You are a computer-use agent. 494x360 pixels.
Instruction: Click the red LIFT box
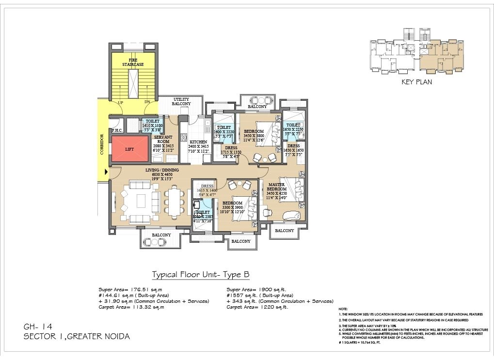129,149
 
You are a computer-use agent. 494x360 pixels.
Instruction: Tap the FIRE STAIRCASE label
129,62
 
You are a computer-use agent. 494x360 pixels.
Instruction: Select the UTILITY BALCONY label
181,102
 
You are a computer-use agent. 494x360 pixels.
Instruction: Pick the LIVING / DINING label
162,170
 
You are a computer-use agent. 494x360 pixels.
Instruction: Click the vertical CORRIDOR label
102,144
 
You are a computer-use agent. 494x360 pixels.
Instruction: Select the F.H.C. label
116,130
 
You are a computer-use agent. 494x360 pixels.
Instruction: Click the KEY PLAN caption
416,82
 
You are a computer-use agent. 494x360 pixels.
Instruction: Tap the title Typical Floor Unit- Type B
201,275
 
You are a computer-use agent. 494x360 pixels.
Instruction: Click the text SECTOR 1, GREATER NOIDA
77,336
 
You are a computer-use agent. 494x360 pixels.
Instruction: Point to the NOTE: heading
343,309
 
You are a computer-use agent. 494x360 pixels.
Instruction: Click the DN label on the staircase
147,103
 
